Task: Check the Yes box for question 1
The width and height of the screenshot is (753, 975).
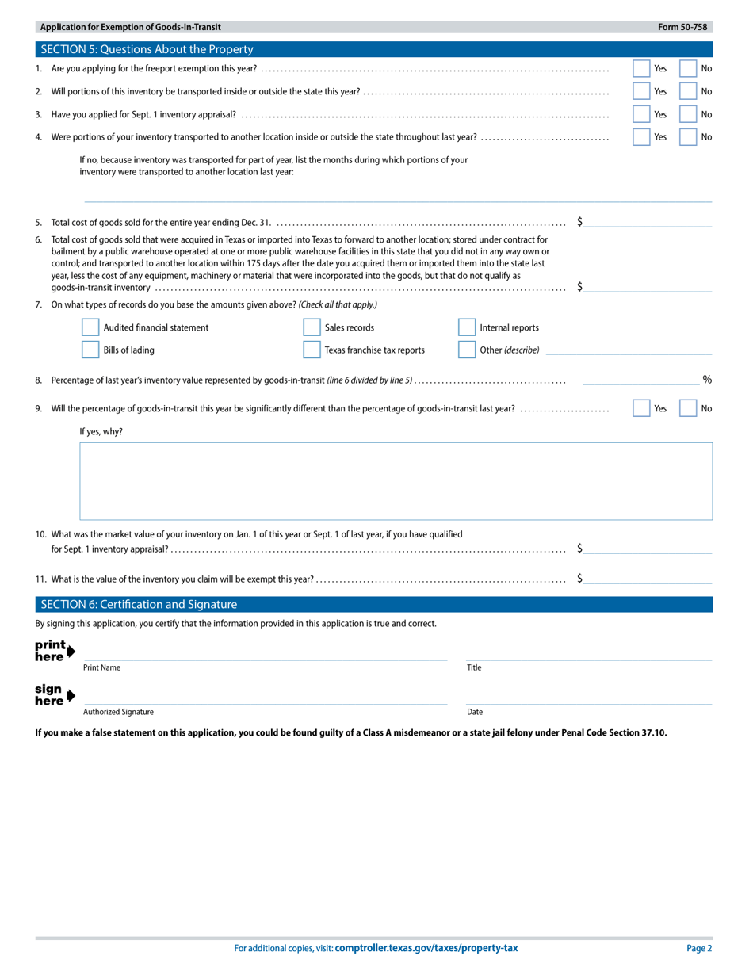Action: click(641, 69)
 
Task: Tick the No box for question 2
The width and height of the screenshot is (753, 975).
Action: click(688, 91)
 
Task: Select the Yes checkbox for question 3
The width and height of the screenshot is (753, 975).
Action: click(641, 114)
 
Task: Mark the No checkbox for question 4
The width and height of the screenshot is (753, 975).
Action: click(688, 137)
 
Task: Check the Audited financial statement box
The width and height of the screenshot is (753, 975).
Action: click(90, 327)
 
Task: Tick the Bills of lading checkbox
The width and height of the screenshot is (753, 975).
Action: click(90, 350)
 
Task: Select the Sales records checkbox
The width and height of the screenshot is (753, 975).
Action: click(312, 327)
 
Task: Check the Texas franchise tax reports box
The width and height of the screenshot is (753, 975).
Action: click(312, 350)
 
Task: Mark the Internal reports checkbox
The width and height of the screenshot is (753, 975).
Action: click(467, 327)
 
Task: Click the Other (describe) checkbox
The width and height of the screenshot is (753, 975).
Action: click(467, 350)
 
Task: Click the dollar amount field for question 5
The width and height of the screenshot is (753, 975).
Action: click(648, 222)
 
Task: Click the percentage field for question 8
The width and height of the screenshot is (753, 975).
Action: click(640, 380)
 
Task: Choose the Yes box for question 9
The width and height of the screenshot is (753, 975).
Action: click(641, 408)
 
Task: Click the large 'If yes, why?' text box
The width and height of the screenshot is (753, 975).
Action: click(396, 481)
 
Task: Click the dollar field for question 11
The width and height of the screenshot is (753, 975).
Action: click(648, 579)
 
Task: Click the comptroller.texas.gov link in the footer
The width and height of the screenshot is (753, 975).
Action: click(426, 948)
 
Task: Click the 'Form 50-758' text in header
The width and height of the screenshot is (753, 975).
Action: click(682, 27)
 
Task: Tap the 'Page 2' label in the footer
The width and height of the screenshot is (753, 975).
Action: click(699, 948)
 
